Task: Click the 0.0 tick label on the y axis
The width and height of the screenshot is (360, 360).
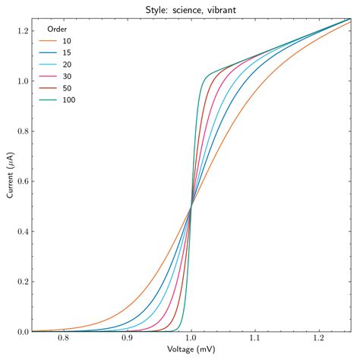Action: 23,332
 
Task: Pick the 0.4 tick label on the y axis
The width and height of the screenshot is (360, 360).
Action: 23,231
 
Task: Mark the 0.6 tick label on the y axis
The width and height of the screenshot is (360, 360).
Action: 23,181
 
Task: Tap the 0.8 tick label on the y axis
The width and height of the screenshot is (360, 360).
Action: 23,131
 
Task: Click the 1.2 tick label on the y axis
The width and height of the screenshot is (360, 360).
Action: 23,30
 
